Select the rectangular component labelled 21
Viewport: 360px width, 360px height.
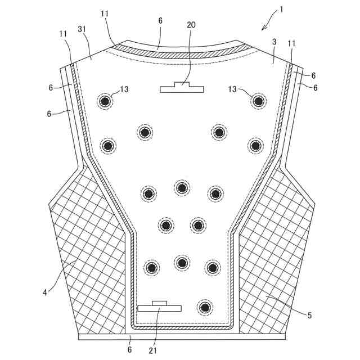point(160,307)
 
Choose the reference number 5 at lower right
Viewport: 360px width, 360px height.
point(309,316)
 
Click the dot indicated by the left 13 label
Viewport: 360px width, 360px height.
point(105,101)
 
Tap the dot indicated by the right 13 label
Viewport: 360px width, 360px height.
point(258,101)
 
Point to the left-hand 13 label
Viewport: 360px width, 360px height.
point(124,89)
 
